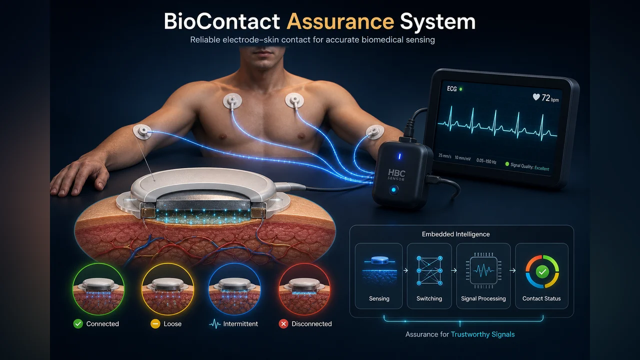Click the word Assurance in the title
pos(340,21)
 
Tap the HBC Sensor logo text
pos(396,174)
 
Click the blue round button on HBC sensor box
pos(393,189)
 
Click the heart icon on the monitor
pos(536,97)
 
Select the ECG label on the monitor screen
pos(451,89)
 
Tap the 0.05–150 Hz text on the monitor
pos(486,161)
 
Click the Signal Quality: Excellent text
pos(529,166)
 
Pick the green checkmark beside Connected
pos(78,323)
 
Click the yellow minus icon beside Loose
pos(155,323)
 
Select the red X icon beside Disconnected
pos(283,323)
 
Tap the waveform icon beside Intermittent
pos(215,324)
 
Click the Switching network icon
pos(429,270)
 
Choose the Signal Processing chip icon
pos(483,270)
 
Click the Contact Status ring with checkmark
pos(542,271)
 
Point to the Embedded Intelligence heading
pos(455,234)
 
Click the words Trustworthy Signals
pos(482,334)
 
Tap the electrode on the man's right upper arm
pos(142,131)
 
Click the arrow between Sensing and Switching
pos(405,270)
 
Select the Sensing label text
pos(379,298)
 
